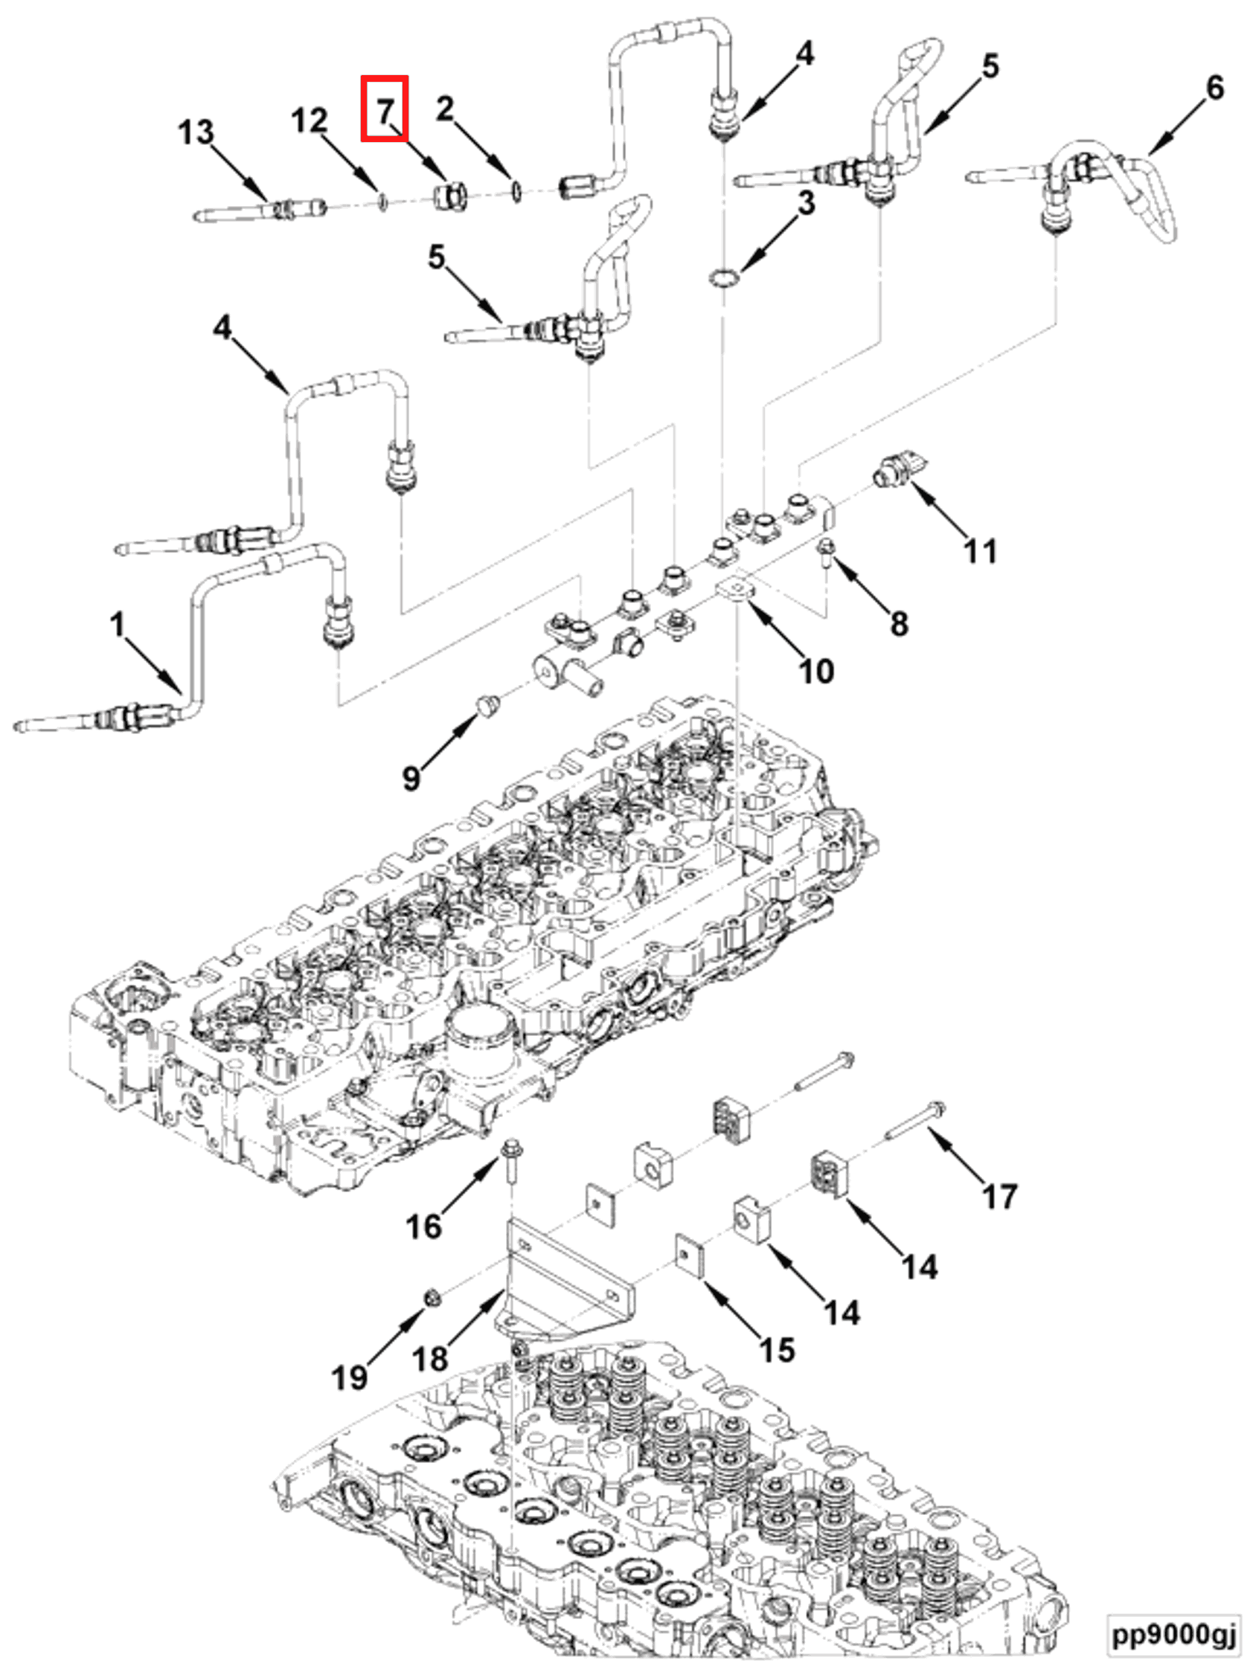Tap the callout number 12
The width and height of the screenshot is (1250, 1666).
pos(309,120)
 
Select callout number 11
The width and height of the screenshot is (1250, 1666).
pos(980,550)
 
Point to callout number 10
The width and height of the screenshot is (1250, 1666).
pos(815,669)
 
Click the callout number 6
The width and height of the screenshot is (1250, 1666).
pos(1214,88)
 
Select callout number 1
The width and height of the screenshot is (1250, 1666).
pos(117,624)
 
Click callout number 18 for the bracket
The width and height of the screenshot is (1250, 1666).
pos(430,1360)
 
